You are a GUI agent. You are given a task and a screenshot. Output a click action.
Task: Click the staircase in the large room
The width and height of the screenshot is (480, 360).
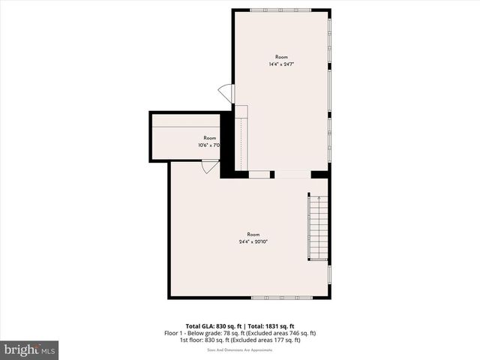tap(319, 228)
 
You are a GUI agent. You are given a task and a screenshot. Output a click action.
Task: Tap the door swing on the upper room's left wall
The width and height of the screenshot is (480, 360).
tap(226, 93)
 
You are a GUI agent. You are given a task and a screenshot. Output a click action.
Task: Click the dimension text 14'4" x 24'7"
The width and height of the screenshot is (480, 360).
tap(281, 64)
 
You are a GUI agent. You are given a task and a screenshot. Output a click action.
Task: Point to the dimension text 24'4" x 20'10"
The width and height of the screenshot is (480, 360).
tap(253, 241)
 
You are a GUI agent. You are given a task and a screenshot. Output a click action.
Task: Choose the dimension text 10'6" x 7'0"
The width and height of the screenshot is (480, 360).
tap(208, 145)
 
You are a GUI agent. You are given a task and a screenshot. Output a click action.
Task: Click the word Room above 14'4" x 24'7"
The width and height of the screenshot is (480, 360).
tap(281, 57)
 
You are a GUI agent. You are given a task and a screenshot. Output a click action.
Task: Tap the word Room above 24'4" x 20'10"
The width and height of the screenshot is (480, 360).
tap(253, 234)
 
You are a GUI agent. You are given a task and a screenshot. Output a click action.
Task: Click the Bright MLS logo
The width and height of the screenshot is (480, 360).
tap(30, 349)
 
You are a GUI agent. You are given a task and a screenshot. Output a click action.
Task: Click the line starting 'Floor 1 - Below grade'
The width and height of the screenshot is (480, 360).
tap(240, 332)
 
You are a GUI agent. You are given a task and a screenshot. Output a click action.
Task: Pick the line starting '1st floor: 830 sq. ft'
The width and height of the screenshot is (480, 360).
tap(240, 340)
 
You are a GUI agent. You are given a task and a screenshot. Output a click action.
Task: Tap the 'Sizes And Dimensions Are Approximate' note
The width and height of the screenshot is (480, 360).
tap(240, 348)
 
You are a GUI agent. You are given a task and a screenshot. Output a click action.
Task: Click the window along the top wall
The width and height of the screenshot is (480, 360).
tap(281, 10)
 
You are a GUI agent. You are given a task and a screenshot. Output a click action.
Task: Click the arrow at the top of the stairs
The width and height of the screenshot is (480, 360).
tap(319, 199)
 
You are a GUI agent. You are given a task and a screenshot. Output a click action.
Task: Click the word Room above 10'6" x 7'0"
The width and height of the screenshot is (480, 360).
tap(210, 138)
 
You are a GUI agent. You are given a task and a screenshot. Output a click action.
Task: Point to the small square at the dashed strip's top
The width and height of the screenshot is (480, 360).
tap(241, 112)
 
